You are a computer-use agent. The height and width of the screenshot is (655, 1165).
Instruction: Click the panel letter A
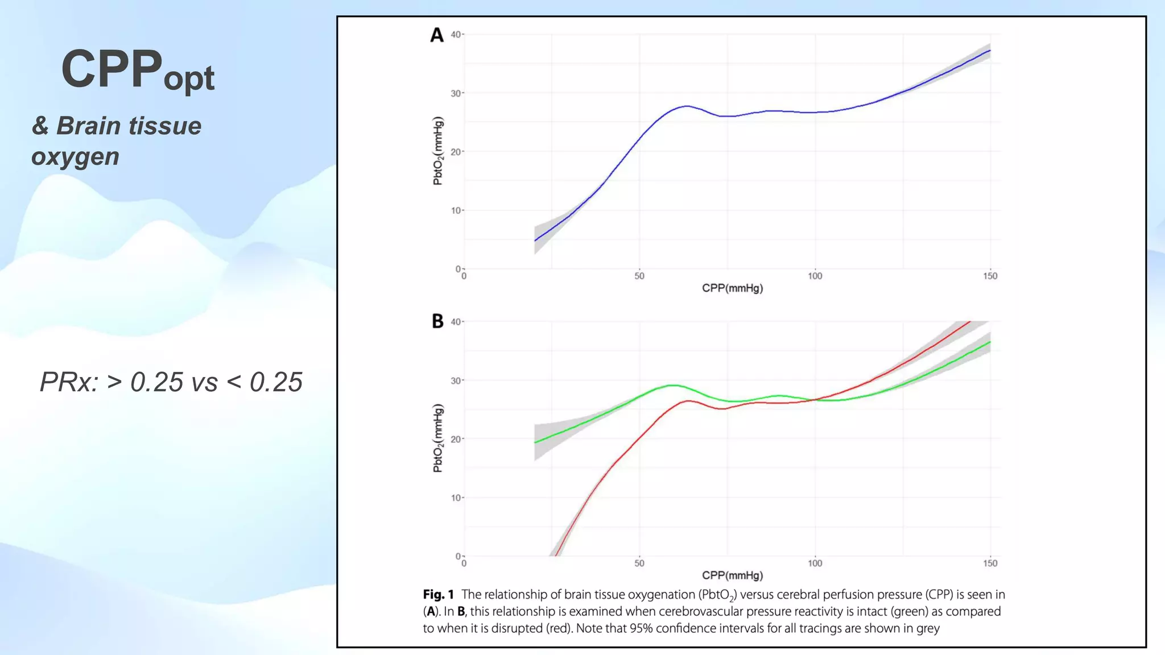[x=436, y=35]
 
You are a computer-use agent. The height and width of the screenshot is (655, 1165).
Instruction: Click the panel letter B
[x=437, y=321]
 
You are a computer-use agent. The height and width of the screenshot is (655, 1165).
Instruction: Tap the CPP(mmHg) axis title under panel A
[x=732, y=288]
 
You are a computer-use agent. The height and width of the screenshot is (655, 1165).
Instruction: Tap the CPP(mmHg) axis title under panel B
[x=732, y=575]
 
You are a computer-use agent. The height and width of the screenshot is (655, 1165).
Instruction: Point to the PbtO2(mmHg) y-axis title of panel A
[x=437, y=151]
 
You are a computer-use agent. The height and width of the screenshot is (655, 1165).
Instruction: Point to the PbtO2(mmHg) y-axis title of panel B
[x=437, y=438]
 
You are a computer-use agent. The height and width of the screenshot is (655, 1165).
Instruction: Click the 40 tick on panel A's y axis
[x=456, y=35]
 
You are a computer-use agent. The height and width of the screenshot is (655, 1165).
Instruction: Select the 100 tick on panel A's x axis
[x=815, y=276]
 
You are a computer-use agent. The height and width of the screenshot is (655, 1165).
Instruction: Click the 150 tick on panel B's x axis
[x=990, y=563]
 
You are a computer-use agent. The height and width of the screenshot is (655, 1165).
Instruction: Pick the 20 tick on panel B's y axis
[x=456, y=439]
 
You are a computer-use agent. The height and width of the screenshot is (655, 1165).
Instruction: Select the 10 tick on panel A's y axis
[x=456, y=210]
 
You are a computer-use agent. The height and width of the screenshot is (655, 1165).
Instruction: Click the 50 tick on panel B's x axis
[x=639, y=563]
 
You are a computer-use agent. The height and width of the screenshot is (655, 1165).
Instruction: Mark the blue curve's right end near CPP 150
[x=989, y=51]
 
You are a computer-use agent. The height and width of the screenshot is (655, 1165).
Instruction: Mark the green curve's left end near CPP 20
[x=536, y=442]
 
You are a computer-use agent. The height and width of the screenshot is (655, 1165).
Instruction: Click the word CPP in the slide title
[x=111, y=69]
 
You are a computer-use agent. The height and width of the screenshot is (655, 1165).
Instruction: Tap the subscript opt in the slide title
[x=189, y=79]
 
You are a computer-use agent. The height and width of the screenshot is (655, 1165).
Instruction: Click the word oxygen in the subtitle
[x=75, y=156]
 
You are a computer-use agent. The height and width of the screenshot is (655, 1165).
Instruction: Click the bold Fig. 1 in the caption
[x=438, y=595]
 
